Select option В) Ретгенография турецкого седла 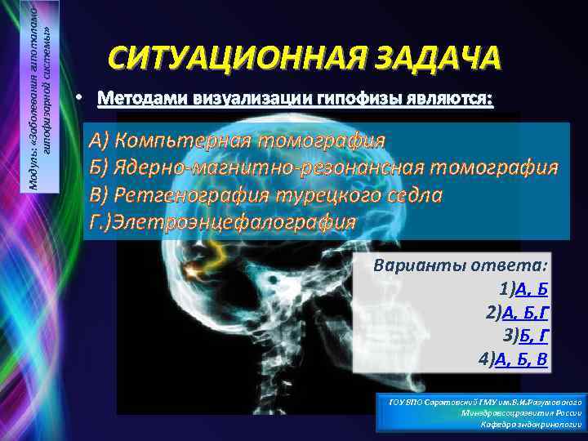(x=266, y=195)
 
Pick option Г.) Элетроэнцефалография (x=224, y=222)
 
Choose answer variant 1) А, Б (x=523, y=290)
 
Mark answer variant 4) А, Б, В (x=513, y=359)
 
